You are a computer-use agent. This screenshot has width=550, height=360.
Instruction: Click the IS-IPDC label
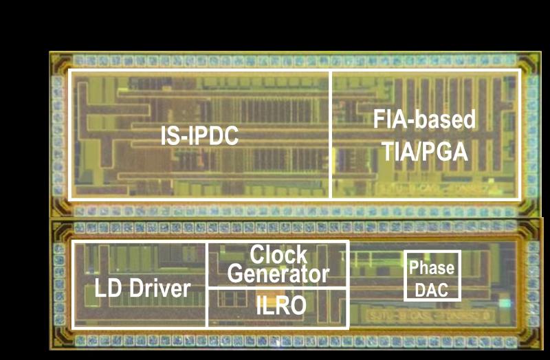pos(199,135)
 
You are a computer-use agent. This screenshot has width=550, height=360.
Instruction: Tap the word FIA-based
pos(424,119)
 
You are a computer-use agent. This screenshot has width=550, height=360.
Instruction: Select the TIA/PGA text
pos(424,151)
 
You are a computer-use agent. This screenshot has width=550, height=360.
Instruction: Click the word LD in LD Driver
pos(107,289)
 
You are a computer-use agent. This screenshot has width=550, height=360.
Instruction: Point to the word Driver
pos(160,289)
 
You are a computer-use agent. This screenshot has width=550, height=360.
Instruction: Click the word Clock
pos(278,255)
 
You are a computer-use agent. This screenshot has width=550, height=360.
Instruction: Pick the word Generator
pos(278,273)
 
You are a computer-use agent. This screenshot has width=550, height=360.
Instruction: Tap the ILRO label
pos(281,305)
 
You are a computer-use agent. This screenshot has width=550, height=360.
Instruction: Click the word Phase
pos(432,268)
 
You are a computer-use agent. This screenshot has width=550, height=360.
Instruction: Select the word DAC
pos(432,290)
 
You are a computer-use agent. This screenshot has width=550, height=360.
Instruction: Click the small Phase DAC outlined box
pos(432,251)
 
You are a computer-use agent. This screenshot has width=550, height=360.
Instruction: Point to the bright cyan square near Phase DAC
pos(505,303)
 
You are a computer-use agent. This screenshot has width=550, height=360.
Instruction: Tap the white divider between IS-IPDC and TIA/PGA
pos(331,135)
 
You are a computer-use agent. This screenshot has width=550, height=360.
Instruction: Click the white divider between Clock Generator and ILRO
pos(278,287)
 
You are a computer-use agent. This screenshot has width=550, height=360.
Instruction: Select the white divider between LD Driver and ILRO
pos(207,308)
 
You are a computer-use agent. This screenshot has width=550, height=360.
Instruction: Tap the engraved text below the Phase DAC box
pos(430,315)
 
